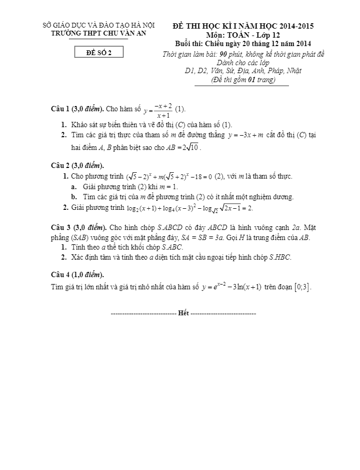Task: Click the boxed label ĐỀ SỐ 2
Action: pyautogui.click(x=99, y=52)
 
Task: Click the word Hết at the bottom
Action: pyautogui.click(x=183, y=314)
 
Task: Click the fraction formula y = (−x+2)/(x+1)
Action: pyautogui.click(x=157, y=110)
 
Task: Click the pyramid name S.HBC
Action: pyautogui.click(x=279, y=258)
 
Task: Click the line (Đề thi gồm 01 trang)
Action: pyautogui.click(x=243, y=79)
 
